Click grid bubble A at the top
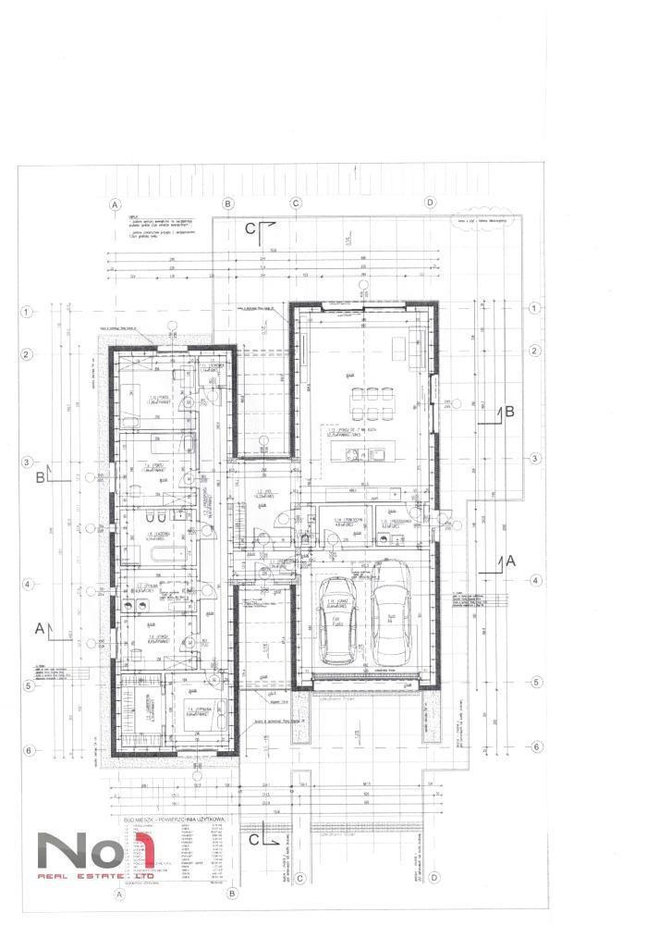pos(116,203)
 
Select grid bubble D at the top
pos(430,203)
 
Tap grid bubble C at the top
pos(297,203)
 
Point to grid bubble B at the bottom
pos(232,894)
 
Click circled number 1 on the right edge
pos(533,311)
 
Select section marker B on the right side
pos(507,413)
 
